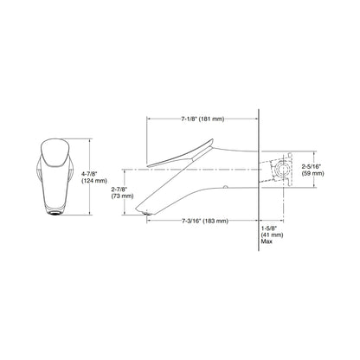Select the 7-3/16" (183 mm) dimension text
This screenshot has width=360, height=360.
pyautogui.click(x=205, y=221)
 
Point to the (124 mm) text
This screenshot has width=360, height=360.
pyautogui.click(x=94, y=181)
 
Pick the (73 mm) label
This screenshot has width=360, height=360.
pyautogui.click(x=122, y=196)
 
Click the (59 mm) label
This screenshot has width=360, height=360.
pyautogui.click(x=312, y=173)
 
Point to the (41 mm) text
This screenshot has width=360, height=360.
pyautogui.click(x=272, y=235)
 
